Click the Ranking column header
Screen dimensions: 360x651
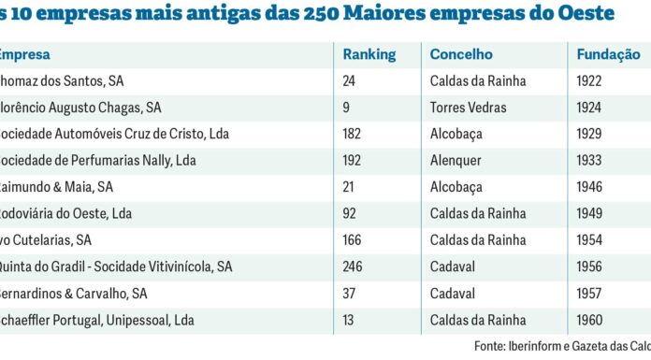[x=369, y=55]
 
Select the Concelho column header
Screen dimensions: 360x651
[x=461, y=55]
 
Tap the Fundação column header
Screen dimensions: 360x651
[x=608, y=55]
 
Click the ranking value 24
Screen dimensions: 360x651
[x=350, y=81]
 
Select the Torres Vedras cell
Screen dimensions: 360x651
[x=468, y=108]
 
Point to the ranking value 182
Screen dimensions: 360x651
[x=354, y=134]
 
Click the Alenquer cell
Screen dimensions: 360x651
[x=456, y=160]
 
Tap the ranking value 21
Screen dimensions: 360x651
[x=350, y=187]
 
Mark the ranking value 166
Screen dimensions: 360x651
[x=354, y=239]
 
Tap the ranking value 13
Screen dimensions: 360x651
[x=350, y=320]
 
